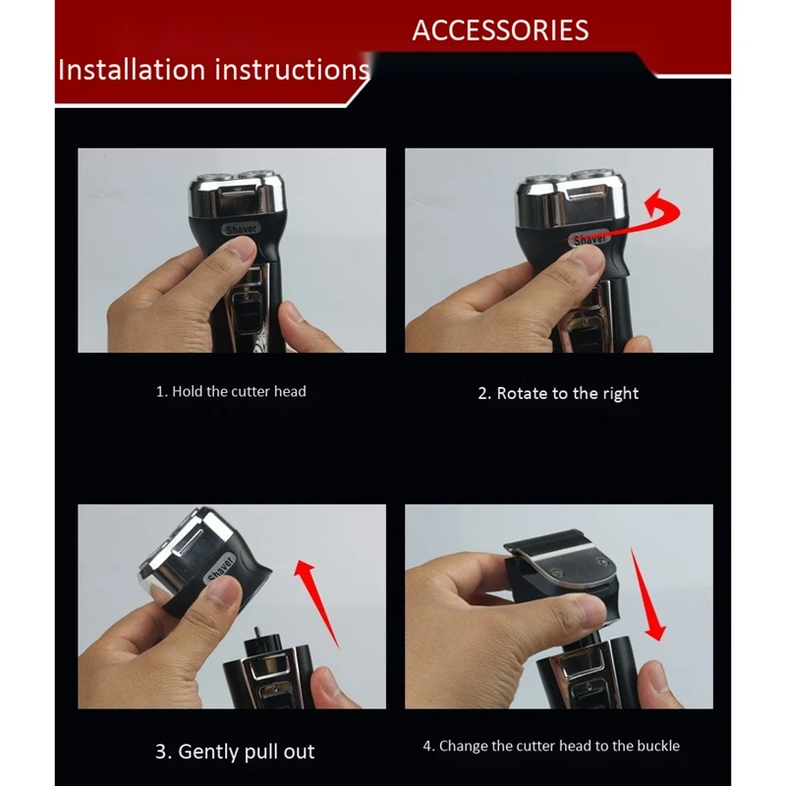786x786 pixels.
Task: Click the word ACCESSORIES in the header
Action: pos(500,30)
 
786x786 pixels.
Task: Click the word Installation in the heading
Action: pos(132,69)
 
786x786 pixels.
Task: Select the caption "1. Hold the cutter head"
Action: pos(231,391)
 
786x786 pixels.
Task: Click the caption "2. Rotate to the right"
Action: pos(558,394)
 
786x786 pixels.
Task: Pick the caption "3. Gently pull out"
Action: pos(235,752)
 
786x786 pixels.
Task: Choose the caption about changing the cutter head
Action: pos(551,746)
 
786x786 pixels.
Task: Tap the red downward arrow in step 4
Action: pos(646,595)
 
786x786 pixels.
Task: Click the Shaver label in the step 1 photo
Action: pos(241,230)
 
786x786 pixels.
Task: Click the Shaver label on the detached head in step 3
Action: pos(221,569)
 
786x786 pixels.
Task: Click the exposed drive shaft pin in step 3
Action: pos(258,633)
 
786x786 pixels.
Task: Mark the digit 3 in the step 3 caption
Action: pos(160,752)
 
